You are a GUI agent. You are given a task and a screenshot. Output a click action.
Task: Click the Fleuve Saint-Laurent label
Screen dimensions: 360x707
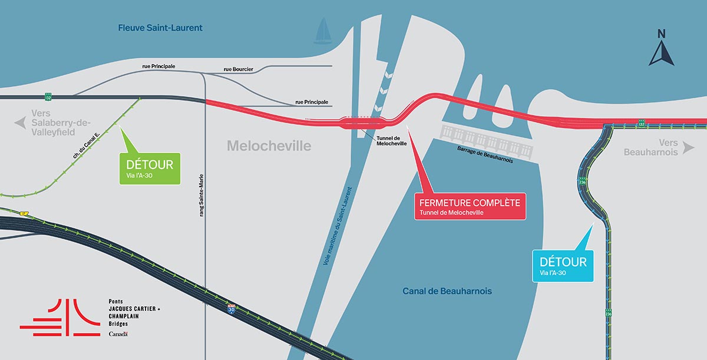tap(160, 28)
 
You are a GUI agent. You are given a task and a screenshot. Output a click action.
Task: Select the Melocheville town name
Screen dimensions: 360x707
tap(269, 146)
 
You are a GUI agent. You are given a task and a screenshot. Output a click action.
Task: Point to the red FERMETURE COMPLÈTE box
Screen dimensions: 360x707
tap(470, 206)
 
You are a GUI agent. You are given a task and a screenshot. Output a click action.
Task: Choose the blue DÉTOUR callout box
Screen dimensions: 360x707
tap(563, 266)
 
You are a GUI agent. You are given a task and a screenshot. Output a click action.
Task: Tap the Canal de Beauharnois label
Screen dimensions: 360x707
tap(447, 291)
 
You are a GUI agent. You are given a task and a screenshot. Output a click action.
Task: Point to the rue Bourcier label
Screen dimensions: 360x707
tap(238, 70)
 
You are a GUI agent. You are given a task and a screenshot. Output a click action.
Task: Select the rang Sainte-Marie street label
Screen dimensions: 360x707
tap(201, 194)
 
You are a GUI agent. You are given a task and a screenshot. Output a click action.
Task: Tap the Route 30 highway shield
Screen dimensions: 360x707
tap(232, 308)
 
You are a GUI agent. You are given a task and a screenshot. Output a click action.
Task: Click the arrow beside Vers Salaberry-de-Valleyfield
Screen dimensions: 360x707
tap(21, 123)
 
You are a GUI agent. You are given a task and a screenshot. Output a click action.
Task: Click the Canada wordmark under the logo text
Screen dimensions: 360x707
tap(118, 334)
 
